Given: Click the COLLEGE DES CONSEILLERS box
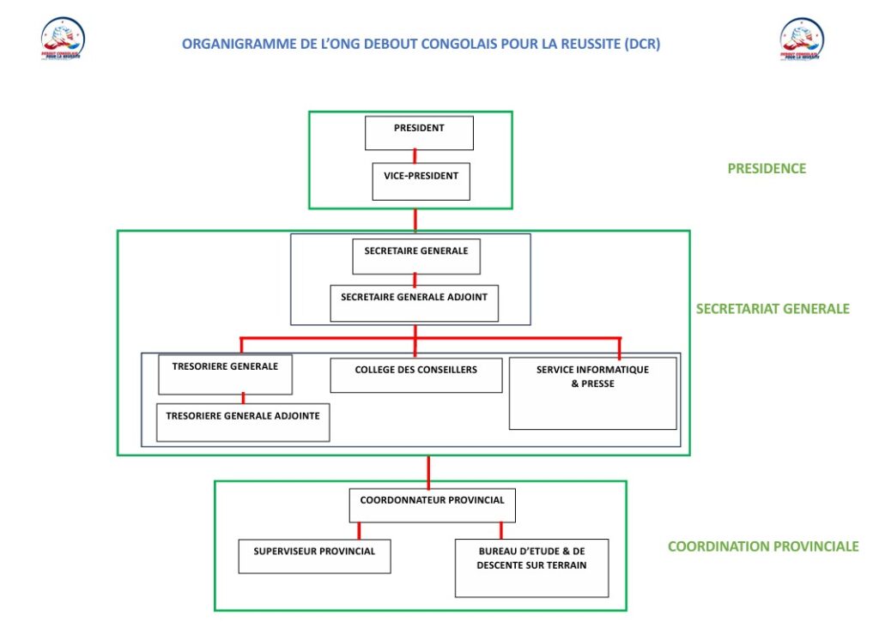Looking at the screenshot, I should pyautogui.click(x=416, y=375).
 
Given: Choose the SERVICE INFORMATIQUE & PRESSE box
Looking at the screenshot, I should pyautogui.click(x=592, y=393).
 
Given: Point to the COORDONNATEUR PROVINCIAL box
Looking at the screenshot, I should pyautogui.click(x=432, y=504).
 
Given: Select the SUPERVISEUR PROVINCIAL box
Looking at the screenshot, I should pyautogui.click(x=314, y=556).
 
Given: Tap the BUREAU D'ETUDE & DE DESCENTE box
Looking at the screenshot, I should pyautogui.click(x=531, y=567).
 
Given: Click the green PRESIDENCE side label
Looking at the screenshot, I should pyautogui.click(x=767, y=169).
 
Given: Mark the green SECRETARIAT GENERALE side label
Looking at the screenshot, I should pyautogui.click(x=773, y=309).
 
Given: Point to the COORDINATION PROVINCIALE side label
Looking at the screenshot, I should pyautogui.click(x=763, y=546).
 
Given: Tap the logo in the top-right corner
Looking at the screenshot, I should pyautogui.click(x=803, y=39).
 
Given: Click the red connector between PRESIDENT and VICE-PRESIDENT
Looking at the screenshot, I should pyautogui.click(x=415, y=156).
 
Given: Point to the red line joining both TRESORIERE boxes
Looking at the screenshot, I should pyautogui.click(x=244, y=398).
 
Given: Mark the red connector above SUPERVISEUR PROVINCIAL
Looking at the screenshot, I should pyautogui.click(x=359, y=530).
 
